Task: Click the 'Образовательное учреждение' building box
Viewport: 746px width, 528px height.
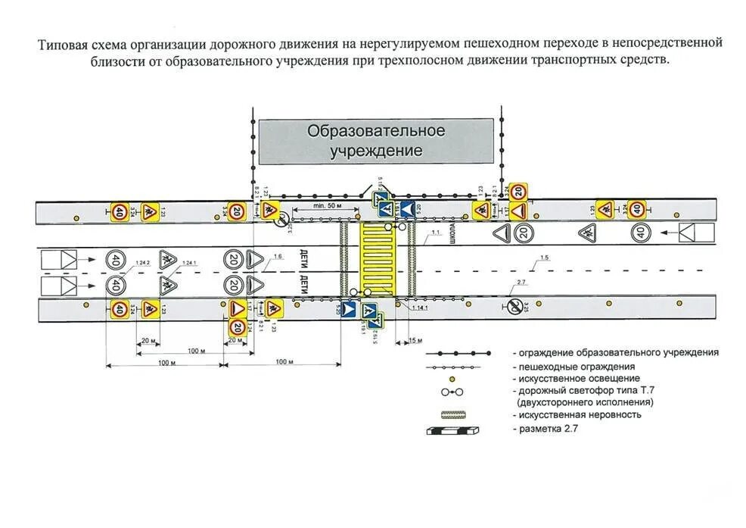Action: click(376, 141)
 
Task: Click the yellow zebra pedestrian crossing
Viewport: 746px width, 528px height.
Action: click(376, 259)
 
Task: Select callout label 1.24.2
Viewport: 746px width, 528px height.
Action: click(142, 262)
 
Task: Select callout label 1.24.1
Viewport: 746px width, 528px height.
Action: click(188, 262)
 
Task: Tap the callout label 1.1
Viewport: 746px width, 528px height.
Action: click(434, 233)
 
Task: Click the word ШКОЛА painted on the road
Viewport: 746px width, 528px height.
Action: click(452, 231)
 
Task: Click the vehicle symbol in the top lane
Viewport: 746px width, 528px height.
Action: click(695, 233)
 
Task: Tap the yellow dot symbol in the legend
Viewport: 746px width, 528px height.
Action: click(452, 378)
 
